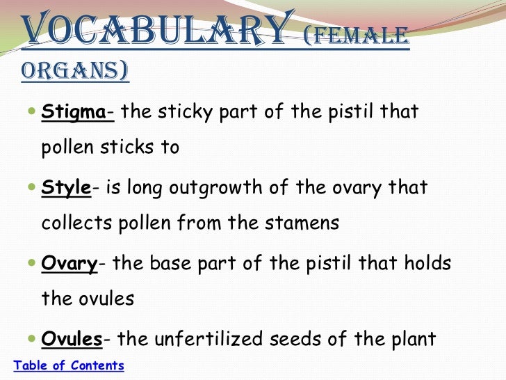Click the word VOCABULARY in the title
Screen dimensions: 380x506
pos(154,29)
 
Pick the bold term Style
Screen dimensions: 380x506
pos(66,188)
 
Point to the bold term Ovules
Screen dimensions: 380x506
pos(72,339)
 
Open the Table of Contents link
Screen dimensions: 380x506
pos(69,365)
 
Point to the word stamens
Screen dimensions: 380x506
pos(303,223)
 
